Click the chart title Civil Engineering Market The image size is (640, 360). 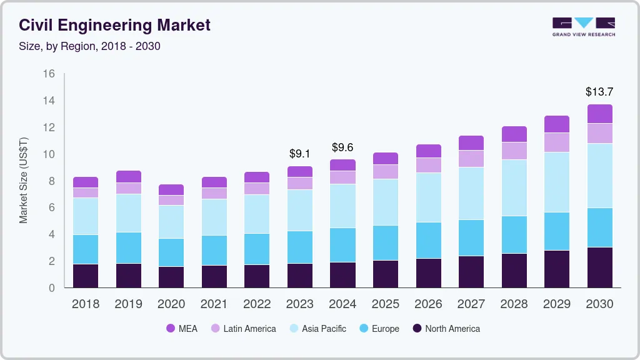tap(114, 26)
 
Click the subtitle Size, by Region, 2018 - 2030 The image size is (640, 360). tap(89, 46)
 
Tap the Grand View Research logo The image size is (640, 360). tap(583, 26)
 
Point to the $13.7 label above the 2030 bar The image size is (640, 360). tap(599, 92)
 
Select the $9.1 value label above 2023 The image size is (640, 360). tap(299, 154)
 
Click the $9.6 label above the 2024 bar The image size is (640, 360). tap(342, 147)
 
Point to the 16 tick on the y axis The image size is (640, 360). tap(49, 74)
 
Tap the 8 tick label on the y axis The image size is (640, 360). tap(51, 181)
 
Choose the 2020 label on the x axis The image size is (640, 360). tap(171, 304)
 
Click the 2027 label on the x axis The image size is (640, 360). tap(471, 304)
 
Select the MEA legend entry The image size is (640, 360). tap(181, 329)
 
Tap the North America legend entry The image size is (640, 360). tap(446, 329)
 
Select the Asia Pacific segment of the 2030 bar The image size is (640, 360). tap(599, 176)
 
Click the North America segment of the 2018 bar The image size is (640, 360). tap(86, 276)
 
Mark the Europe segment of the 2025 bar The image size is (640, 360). tap(386, 242)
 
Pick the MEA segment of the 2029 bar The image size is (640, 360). tap(556, 124)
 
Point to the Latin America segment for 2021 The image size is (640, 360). tap(214, 193)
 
